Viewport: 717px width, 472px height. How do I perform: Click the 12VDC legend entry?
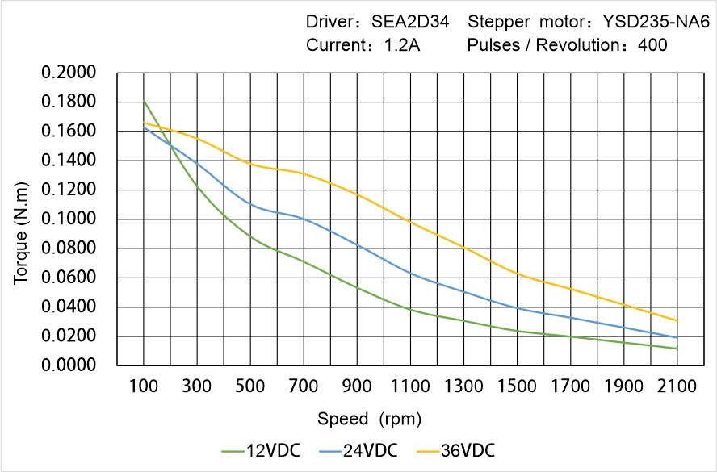[x=261, y=450]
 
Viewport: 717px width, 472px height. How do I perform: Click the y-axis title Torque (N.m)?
[x=22, y=219]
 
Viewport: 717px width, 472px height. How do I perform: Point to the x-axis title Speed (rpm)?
[x=369, y=419]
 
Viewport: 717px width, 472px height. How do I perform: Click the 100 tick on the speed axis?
[x=144, y=386]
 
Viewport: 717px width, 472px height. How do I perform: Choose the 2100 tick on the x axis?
[x=677, y=386]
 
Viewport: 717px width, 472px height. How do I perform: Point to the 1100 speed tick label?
[x=410, y=386]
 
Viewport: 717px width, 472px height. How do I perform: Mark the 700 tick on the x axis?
[x=304, y=386]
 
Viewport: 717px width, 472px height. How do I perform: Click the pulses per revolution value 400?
[x=652, y=45]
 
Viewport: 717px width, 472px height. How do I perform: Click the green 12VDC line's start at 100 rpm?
[x=144, y=102]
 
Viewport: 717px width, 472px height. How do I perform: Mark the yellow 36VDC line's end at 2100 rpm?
[x=677, y=320]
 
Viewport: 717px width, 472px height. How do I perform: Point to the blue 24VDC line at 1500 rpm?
[x=517, y=308]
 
